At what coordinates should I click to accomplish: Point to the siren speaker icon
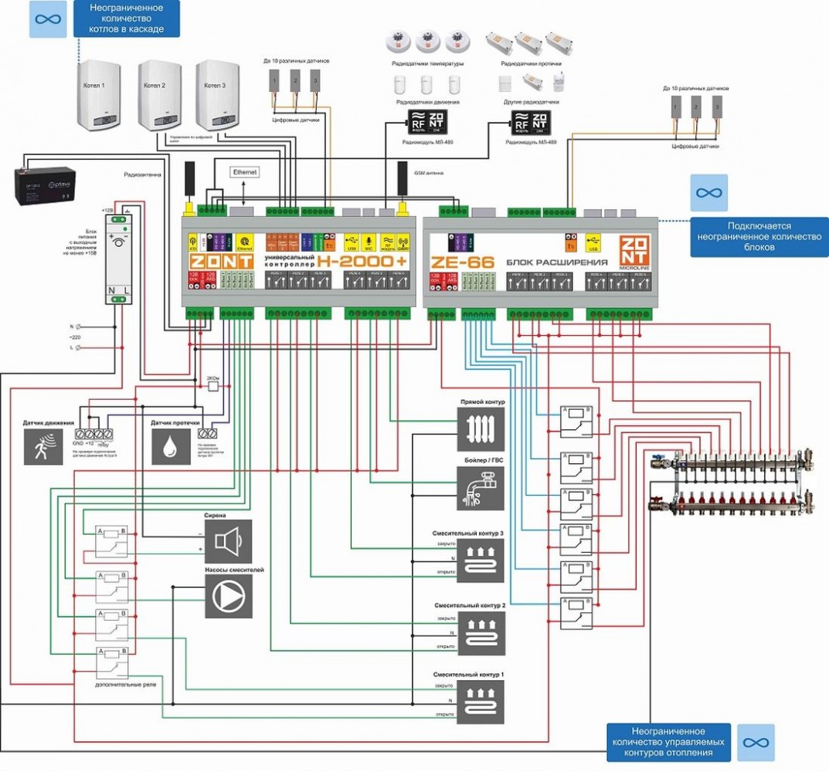pos(228,540)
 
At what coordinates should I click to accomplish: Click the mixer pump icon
pos(228,597)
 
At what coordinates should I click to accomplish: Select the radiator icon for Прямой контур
pos(481,429)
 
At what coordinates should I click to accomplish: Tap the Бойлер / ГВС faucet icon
pos(481,488)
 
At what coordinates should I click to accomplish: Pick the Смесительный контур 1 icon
pos(481,702)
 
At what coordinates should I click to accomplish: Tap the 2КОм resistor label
pos(213,378)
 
